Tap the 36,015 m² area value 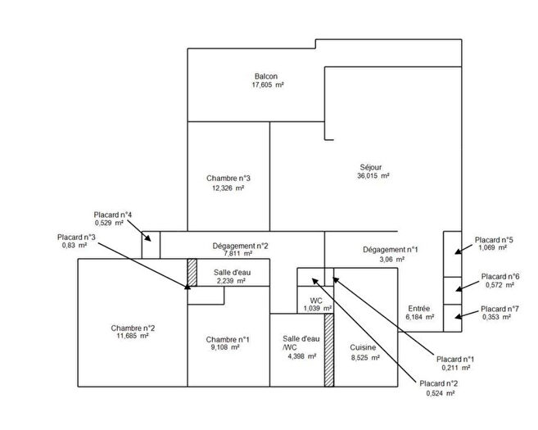373,175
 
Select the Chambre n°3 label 228,178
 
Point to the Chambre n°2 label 133,328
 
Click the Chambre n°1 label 228,339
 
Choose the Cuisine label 364,347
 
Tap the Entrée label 419,309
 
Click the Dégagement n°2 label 240,245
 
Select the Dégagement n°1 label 390,250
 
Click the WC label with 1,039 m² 315,301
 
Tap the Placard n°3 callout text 76,238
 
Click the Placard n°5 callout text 494,240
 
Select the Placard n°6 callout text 500,276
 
